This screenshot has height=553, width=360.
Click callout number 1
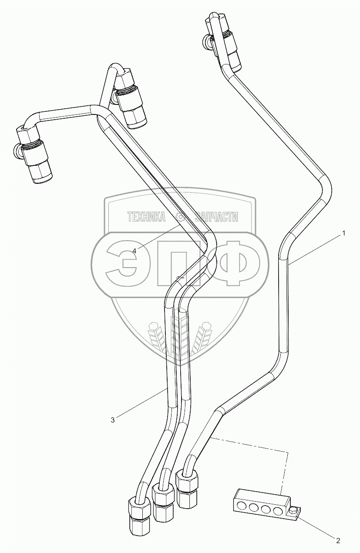pyautogui.click(x=343, y=233)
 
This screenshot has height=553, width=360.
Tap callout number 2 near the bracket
pyautogui.click(x=338, y=540)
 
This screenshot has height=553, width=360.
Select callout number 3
pyautogui.click(x=113, y=420)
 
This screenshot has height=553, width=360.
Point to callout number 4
pyautogui.click(x=135, y=251)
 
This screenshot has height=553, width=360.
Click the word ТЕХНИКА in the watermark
pyautogui.click(x=146, y=217)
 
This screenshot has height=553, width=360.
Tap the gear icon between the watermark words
pyautogui.click(x=180, y=217)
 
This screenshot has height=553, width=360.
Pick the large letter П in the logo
pyautogui.click(x=179, y=262)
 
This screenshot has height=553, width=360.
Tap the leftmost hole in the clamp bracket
pyautogui.click(x=241, y=507)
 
